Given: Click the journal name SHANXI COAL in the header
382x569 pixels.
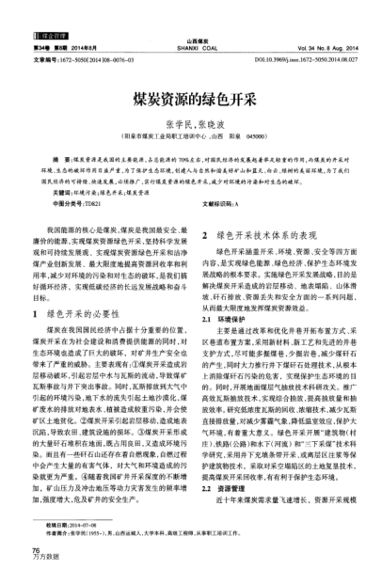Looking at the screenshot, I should pos(190,52).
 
